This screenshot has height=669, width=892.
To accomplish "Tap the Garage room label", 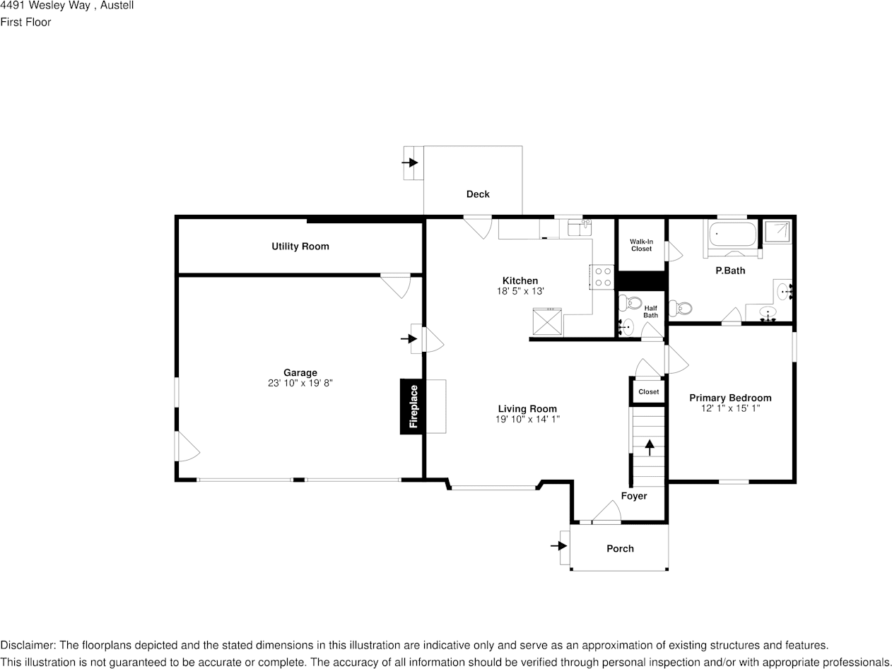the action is click(300, 372).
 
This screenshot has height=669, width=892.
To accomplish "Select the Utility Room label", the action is click(300, 246).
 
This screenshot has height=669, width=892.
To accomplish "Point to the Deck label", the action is click(478, 194).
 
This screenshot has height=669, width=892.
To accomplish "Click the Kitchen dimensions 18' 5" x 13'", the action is click(520, 291).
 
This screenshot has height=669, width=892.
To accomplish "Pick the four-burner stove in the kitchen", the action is click(601, 277).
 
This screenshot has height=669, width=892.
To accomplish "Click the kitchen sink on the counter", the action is click(580, 228).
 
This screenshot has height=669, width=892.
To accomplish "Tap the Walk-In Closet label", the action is click(641, 245).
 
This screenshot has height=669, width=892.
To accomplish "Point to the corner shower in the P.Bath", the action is click(777, 232).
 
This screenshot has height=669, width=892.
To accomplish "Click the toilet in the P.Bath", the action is click(681, 308).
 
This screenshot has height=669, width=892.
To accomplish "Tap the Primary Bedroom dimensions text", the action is click(730, 408).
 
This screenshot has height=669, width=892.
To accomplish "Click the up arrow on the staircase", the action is click(650, 447).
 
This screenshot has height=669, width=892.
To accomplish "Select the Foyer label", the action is click(634, 496).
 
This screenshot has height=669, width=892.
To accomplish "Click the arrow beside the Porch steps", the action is click(559, 546).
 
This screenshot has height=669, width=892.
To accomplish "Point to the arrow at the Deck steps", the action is click(410, 163).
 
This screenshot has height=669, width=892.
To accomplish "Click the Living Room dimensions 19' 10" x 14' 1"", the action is click(527, 419).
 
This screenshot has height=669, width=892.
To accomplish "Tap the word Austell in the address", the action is click(117, 6).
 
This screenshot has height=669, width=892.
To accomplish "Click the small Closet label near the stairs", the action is click(649, 392).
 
